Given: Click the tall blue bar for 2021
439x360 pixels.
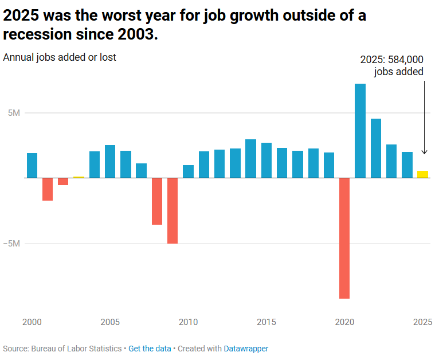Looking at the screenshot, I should pos(360,131).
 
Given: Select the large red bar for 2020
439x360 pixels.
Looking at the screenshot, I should pos(344,238).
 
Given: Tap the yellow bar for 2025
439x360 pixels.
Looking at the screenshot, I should pos(422,174).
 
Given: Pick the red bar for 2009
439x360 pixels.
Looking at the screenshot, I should pos(173,210).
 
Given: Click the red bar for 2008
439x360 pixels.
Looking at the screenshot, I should pos(157,201).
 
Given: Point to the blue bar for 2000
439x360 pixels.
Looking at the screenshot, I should pos(32,165).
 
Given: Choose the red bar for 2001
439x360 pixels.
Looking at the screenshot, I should pos(48,189).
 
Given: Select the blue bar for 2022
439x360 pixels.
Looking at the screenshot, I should pos(376,148).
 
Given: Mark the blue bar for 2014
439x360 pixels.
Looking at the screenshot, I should pos(250,158).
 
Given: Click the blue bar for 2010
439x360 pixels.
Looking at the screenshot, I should pos(188,171).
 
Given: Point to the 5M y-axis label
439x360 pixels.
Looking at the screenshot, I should pos(14,113).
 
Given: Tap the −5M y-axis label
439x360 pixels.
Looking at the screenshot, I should pos(11,243).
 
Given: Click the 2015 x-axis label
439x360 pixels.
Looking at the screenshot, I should pos(266,322).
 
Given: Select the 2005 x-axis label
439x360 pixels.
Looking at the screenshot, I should pos(110,322).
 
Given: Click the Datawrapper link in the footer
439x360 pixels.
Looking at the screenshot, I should pos(246,349).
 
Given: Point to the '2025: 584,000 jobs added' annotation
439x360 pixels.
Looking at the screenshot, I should pos(392,65).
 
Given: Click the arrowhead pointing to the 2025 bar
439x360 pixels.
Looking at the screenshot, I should pos(424,152).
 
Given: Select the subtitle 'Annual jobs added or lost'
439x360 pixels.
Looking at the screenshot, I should pos(60,57).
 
